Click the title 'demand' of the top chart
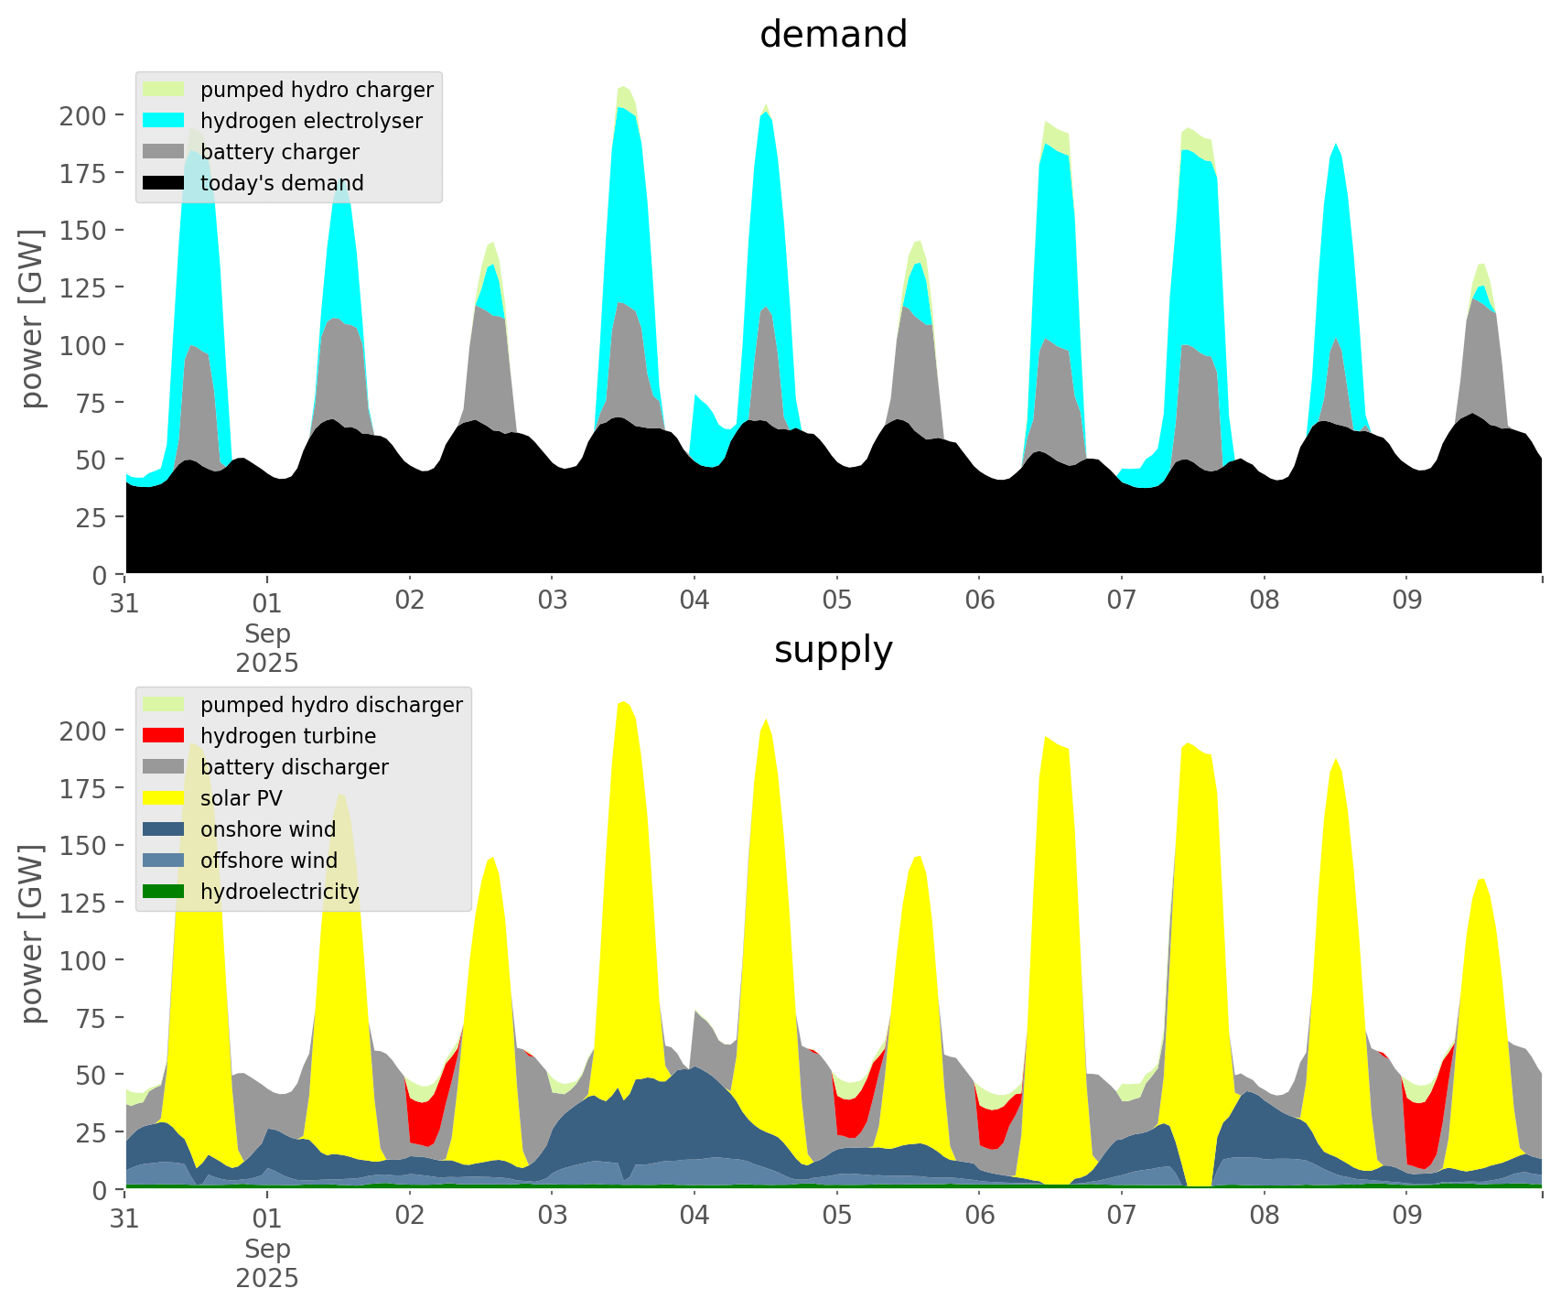(833, 35)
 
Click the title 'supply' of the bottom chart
(833, 650)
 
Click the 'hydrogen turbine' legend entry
(287, 736)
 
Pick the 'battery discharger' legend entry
(294, 767)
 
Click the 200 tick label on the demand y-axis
(83, 115)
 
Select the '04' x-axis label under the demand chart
(694, 601)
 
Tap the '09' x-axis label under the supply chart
(1406, 1217)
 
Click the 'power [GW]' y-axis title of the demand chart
(32, 319)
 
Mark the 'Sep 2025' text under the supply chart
(267, 1262)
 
